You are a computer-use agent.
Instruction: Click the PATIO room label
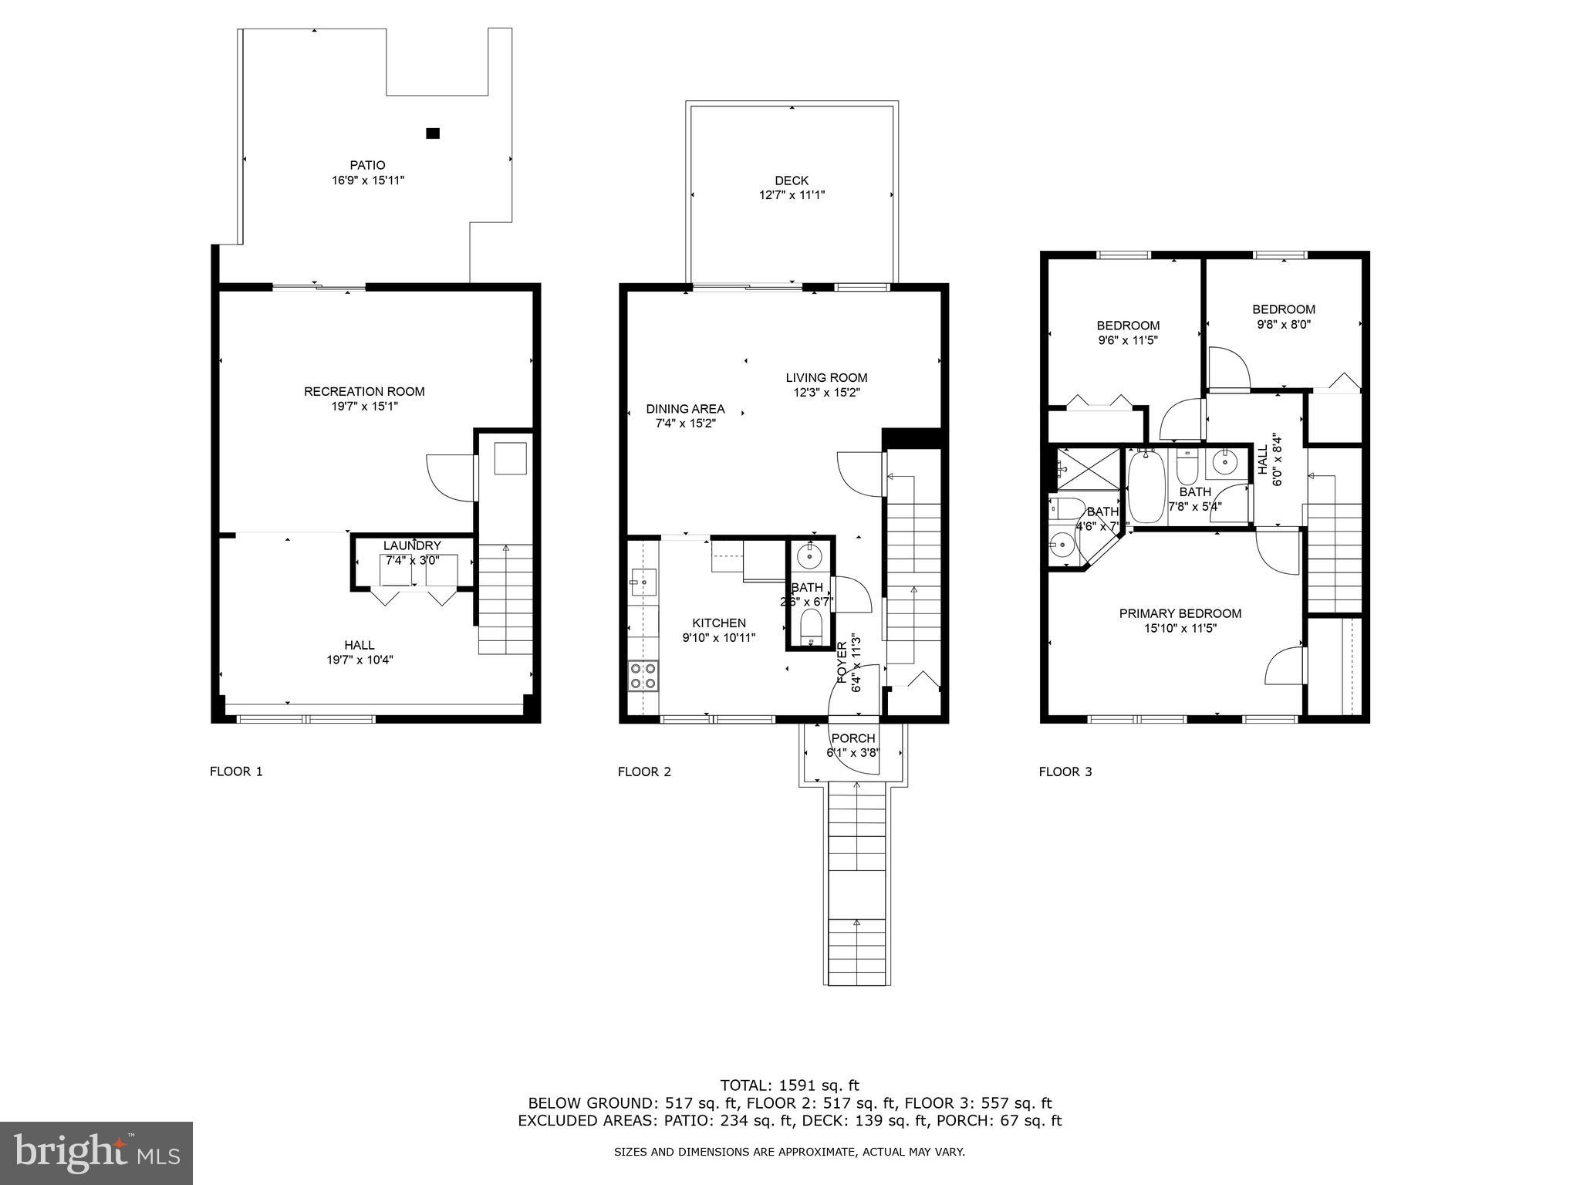(x=367, y=165)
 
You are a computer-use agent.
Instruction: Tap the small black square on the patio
(x=433, y=133)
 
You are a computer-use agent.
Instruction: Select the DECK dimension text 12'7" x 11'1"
(x=792, y=196)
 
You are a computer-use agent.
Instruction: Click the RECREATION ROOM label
(x=364, y=392)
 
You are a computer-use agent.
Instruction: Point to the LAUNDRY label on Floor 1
(x=412, y=546)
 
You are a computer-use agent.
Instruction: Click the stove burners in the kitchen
(x=643, y=676)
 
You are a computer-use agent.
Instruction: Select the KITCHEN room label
(x=719, y=623)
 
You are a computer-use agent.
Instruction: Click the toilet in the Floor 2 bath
(x=811, y=623)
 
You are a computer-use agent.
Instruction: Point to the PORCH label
(x=853, y=738)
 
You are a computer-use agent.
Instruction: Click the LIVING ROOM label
(x=826, y=378)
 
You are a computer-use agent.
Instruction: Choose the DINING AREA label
(x=685, y=409)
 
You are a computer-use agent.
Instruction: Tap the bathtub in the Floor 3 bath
(x=1146, y=488)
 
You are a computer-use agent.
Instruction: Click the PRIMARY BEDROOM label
(x=1180, y=614)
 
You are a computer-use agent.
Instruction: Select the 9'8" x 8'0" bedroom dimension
(x=1284, y=325)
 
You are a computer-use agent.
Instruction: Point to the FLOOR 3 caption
(x=1065, y=771)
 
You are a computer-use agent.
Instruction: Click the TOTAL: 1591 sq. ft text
(x=789, y=1085)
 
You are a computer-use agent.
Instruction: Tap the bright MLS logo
(x=96, y=1153)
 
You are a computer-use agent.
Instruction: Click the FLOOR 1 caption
(x=236, y=771)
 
